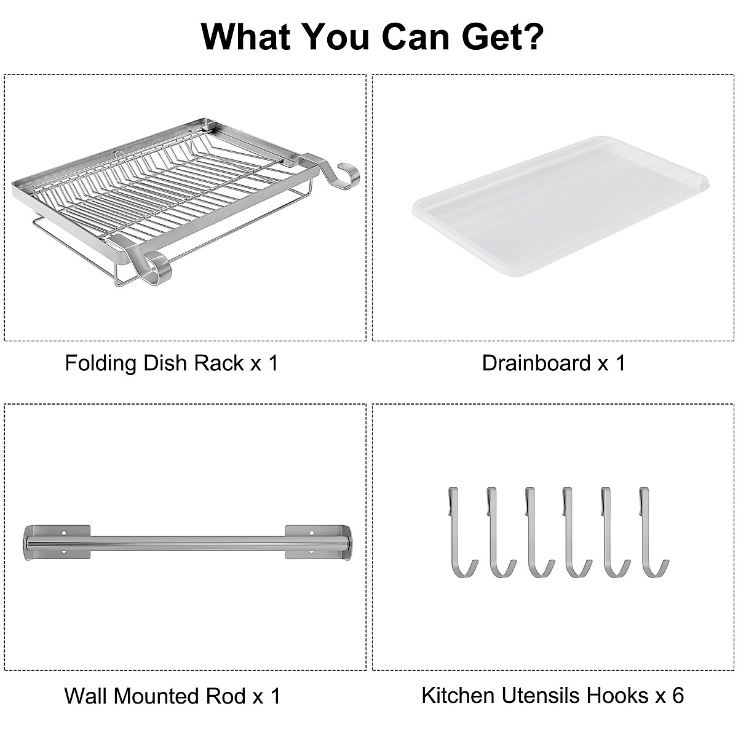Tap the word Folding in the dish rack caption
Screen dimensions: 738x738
pos(101,363)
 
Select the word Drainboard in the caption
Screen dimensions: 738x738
pos(536,363)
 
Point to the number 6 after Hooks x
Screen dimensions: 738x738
pos(677,696)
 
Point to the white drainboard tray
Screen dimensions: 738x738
pos(560,206)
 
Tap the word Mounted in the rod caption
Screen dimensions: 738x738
pos(157,696)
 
